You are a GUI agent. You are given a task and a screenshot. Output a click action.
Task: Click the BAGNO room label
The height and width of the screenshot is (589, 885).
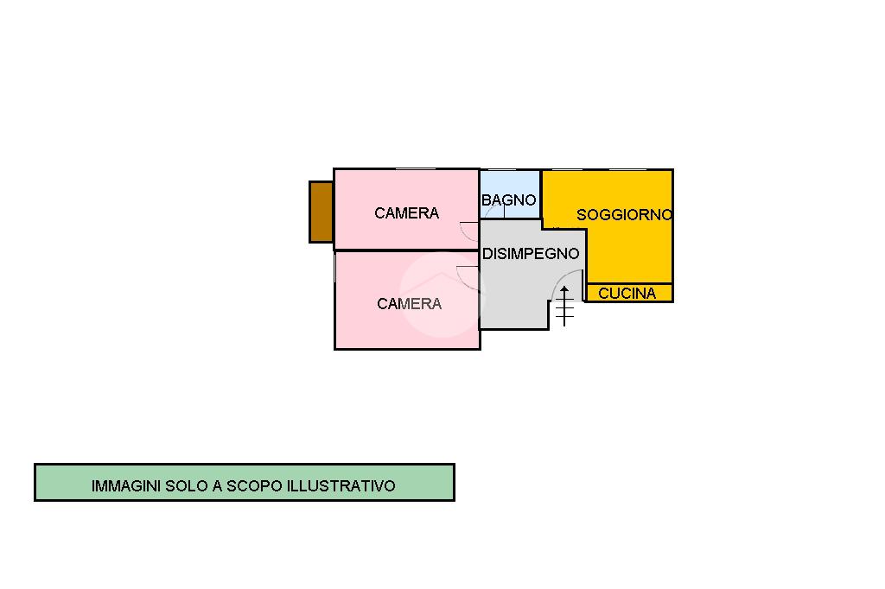509,200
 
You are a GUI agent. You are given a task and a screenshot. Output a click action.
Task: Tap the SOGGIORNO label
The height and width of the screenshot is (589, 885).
624,215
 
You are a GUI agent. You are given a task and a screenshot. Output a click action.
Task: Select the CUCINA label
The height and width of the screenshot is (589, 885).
627,294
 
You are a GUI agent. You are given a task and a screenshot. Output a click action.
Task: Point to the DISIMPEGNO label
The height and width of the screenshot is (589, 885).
531,254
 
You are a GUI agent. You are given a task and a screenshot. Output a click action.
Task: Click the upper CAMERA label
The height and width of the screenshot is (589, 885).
406,213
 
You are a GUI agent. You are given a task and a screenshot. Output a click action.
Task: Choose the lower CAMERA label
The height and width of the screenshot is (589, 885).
409,304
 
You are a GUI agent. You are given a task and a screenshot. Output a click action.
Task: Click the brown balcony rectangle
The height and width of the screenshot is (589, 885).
321,212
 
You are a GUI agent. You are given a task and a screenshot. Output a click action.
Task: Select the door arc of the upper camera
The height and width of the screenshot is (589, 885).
468,231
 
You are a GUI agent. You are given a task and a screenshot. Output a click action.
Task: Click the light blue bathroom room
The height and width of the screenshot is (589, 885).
510,186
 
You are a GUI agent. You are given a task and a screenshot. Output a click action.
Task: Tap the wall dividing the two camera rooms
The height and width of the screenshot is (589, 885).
406,250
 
